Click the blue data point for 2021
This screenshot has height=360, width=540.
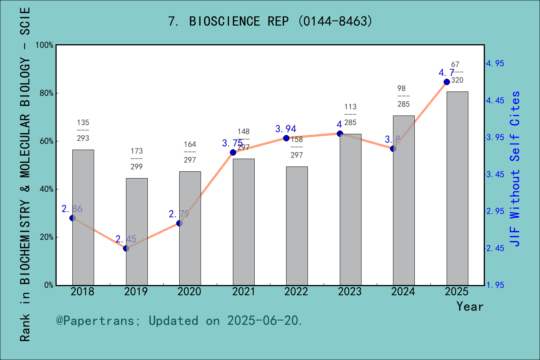point(233,152)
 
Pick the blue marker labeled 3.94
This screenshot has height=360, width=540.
point(286,138)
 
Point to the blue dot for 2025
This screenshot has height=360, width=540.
point(447,82)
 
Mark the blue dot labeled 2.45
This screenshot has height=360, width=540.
point(126,248)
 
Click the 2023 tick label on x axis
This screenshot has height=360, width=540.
point(349,292)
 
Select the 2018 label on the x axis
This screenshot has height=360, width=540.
point(82,292)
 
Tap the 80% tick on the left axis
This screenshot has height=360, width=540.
point(46,93)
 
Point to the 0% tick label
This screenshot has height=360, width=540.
point(49,285)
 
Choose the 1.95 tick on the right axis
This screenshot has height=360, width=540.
point(495,285)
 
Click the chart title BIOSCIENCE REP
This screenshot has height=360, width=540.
point(270,21)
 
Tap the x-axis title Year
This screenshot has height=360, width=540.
point(469,307)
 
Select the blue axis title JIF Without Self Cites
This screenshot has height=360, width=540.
point(515,169)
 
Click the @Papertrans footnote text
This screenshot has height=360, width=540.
point(179,321)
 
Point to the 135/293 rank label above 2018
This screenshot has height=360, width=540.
point(83,130)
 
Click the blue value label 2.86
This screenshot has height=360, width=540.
point(72,209)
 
